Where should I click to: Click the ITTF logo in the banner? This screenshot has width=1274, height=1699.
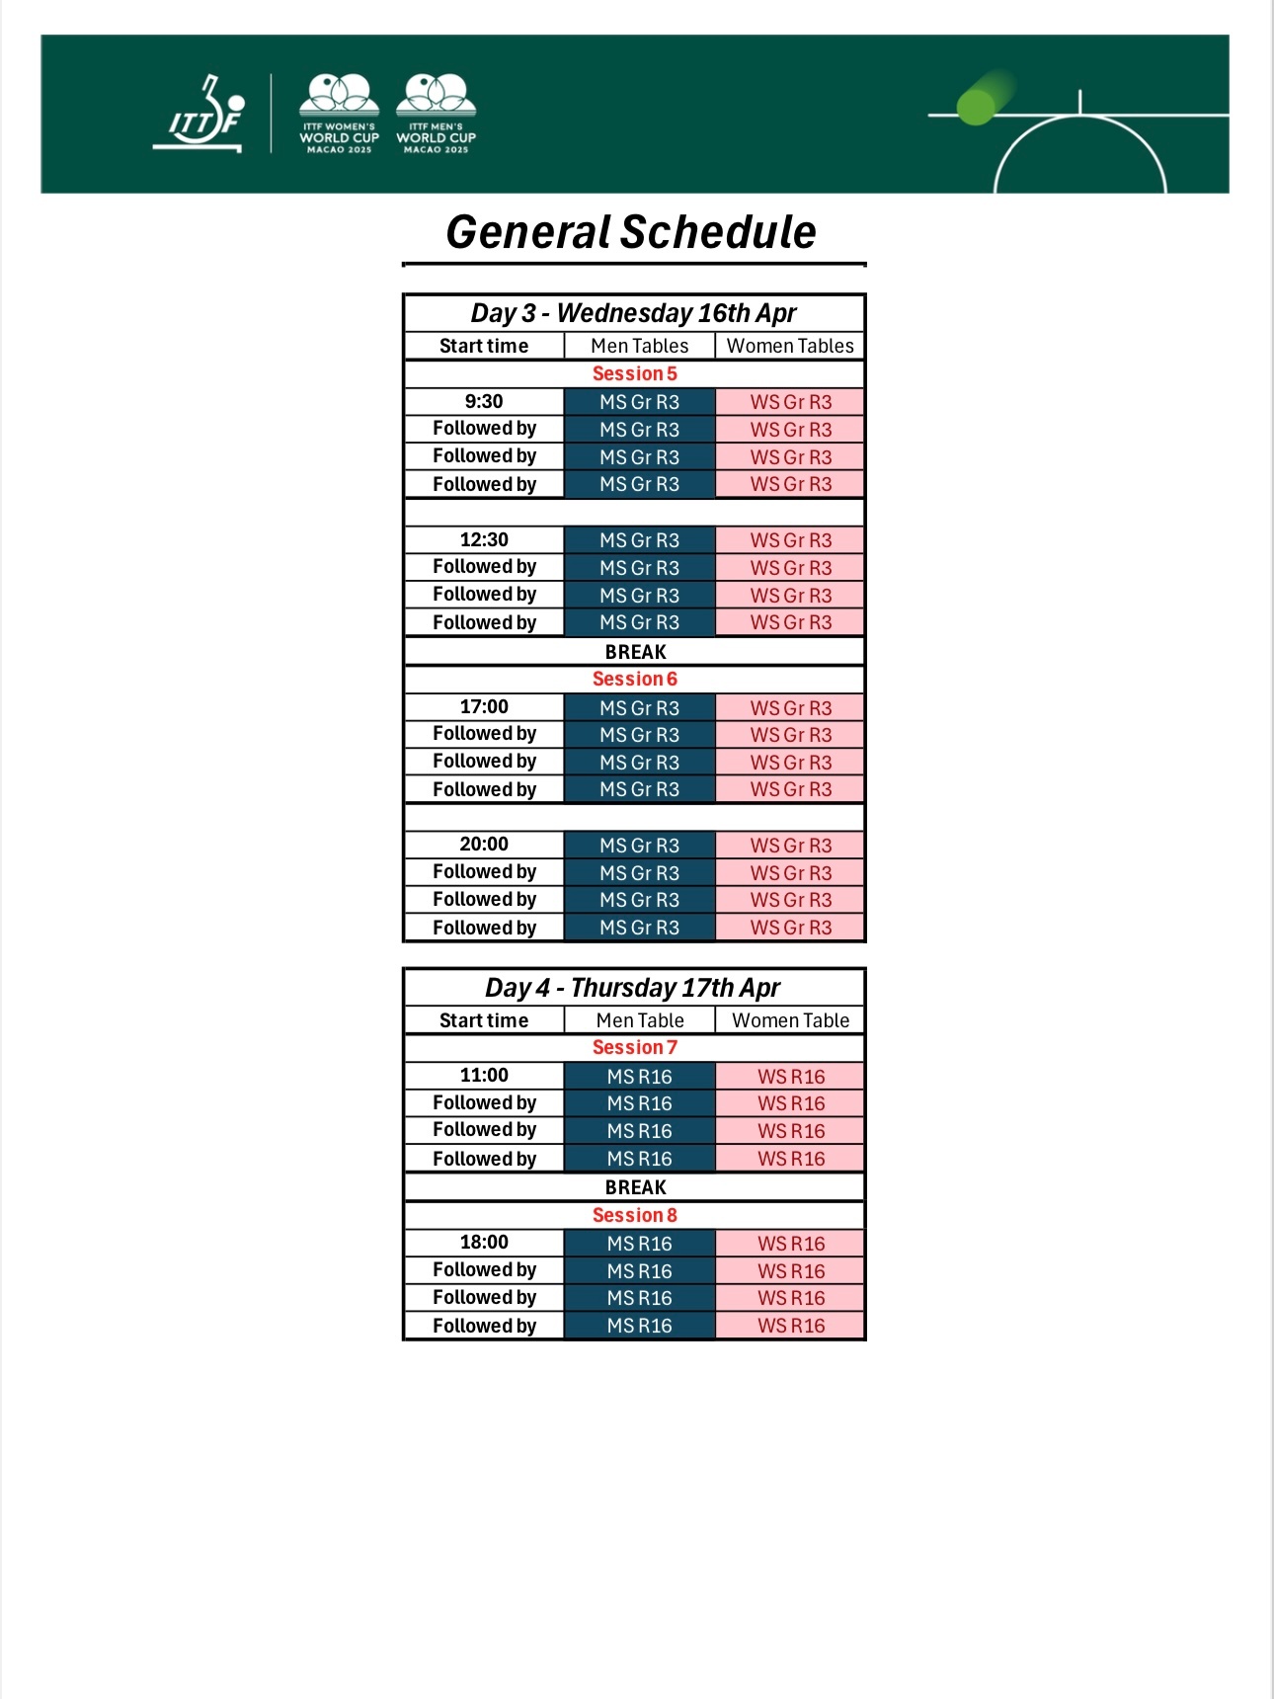click(x=200, y=116)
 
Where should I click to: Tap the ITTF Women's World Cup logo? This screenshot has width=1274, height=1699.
click(x=339, y=114)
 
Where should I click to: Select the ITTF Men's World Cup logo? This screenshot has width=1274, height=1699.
click(x=436, y=114)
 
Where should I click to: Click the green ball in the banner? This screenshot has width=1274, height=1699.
click(x=977, y=107)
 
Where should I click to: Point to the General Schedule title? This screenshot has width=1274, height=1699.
click(x=631, y=233)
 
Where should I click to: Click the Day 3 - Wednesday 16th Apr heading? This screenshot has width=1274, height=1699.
click(x=633, y=313)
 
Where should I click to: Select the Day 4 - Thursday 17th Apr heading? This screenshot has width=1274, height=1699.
click(x=633, y=988)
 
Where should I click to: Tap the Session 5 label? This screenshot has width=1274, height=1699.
click(x=634, y=373)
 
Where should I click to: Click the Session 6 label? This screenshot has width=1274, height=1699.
click(x=634, y=679)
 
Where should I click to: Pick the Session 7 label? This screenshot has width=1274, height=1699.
click(x=634, y=1047)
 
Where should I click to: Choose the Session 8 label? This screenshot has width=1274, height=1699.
click(x=634, y=1215)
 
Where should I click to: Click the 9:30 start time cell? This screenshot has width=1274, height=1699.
click(x=484, y=401)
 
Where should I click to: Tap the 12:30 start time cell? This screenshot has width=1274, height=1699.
click(x=484, y=539)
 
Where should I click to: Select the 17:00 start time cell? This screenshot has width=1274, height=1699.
click(x=484, y=706)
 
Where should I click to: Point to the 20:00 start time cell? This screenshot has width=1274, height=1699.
click(x=484, y=844)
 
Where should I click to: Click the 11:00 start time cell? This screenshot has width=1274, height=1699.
click(x=484, y=1075)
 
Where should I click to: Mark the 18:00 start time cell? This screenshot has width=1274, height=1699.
click(x=484, y=1242)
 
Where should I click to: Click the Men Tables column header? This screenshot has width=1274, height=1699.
click(x=639, y=346)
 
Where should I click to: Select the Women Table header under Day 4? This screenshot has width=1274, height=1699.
click(x=790, y=1020)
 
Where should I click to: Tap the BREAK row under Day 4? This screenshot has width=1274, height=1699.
click(x=635, y=1187)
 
